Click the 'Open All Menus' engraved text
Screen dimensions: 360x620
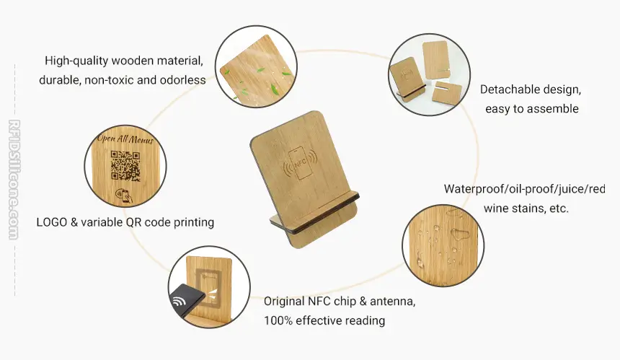click(x=125, y=139)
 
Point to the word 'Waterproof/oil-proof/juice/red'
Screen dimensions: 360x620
click(x=524, y=189)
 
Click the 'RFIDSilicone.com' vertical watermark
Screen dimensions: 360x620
click(x=14, y=179)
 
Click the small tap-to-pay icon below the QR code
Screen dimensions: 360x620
click(x=123, y=195)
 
